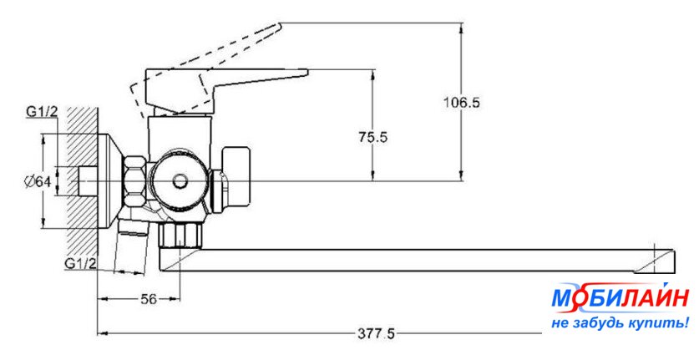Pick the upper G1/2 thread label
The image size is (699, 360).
pyautogui.click(x=42, y=111)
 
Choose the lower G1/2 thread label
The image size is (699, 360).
pyautogui.click(x=82, y=263)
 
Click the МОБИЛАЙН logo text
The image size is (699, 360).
pyautogui.click(x=620, y=299)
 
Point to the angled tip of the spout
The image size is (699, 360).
pyautogui.click(x=660, y=258)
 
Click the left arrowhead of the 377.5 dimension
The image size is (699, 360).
pyautogui.click(x=102, y=334)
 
